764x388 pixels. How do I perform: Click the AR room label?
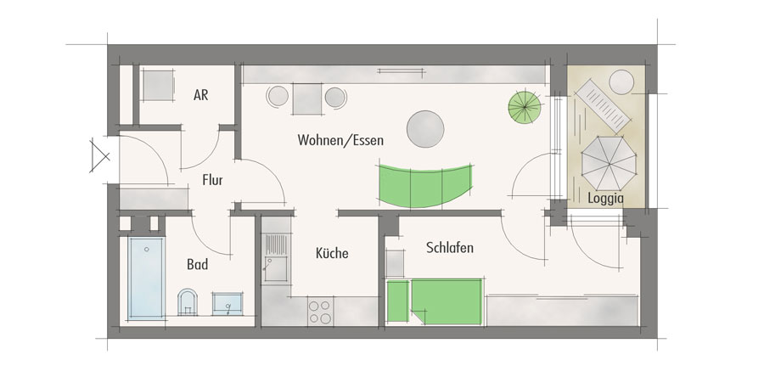[x=200, y=94]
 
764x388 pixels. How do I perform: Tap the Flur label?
[x=212, y=180]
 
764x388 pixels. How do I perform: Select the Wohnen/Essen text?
[x=340, y=140]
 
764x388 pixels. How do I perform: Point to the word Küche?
[x=332, y=253]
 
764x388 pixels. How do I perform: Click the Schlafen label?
[x=450, y=248]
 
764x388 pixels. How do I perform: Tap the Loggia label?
[x=605, y=199]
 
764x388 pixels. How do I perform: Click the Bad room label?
[x=197, y=264]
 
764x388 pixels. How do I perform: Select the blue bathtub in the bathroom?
[x=146, y=278]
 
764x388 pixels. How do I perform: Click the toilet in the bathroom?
[x=187, y=302]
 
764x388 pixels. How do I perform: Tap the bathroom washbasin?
[x=228, y=304]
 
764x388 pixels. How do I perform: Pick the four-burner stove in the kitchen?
[x=320, y=312]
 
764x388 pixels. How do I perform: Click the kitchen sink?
[x=276, y=257]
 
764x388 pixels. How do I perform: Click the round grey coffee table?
[x=425, y=129]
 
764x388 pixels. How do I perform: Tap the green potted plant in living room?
[x=525, y=107]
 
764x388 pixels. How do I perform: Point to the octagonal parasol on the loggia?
[x=609, y=163]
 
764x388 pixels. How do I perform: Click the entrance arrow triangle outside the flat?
[x=99, y=156]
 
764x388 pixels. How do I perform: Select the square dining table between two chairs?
[x=307, y=99]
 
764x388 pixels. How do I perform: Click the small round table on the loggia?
[x=621, y=82]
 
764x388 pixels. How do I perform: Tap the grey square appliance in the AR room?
[x=158, y=85]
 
